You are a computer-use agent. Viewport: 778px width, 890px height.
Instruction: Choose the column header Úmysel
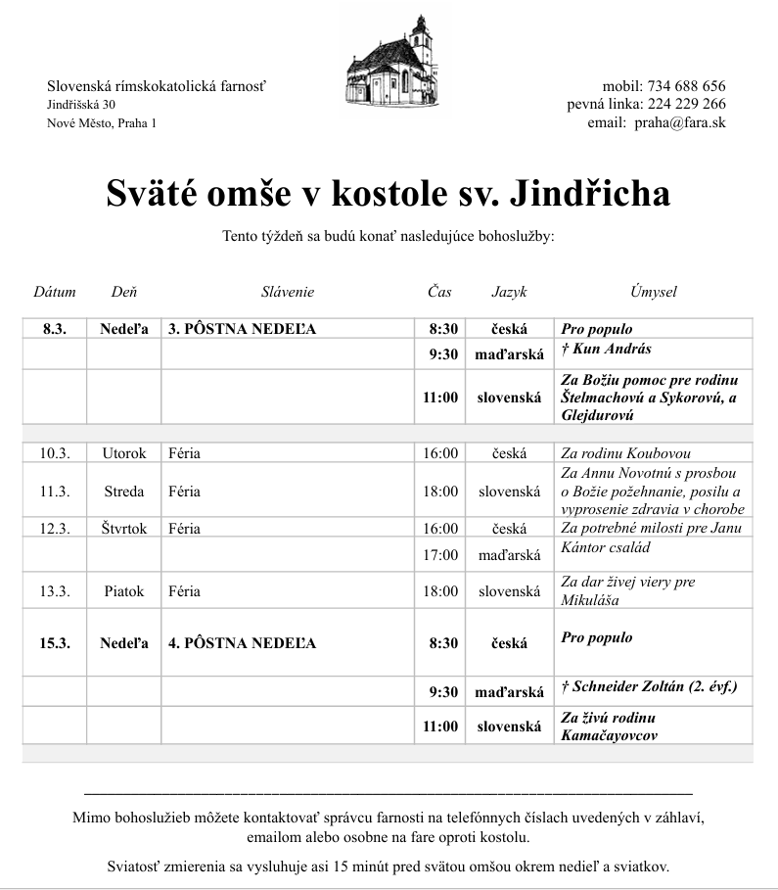pos(653,292)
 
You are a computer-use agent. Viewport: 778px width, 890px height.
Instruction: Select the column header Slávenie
pos(288,292)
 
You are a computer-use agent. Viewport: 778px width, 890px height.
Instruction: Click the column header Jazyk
pos(509,292)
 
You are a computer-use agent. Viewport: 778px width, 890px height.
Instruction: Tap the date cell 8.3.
pos(55,329)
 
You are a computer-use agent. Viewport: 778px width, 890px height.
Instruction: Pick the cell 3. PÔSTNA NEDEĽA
pos(243,329)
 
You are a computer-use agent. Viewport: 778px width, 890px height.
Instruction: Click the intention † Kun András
pos(607,349)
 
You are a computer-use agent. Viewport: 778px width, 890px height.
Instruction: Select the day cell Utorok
pos(124,453)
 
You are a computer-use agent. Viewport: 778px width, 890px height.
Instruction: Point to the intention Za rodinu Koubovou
pos(626,453)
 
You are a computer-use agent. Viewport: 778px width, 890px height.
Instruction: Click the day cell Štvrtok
pos(124,528)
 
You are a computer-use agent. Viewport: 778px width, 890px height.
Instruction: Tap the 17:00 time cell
pos(440,555)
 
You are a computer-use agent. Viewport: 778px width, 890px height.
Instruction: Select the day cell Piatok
pos(124,591)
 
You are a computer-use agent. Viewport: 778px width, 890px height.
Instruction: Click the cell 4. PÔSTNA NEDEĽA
pos(243,643)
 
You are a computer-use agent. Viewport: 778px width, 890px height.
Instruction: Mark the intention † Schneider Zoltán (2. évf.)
pos(650,687)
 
